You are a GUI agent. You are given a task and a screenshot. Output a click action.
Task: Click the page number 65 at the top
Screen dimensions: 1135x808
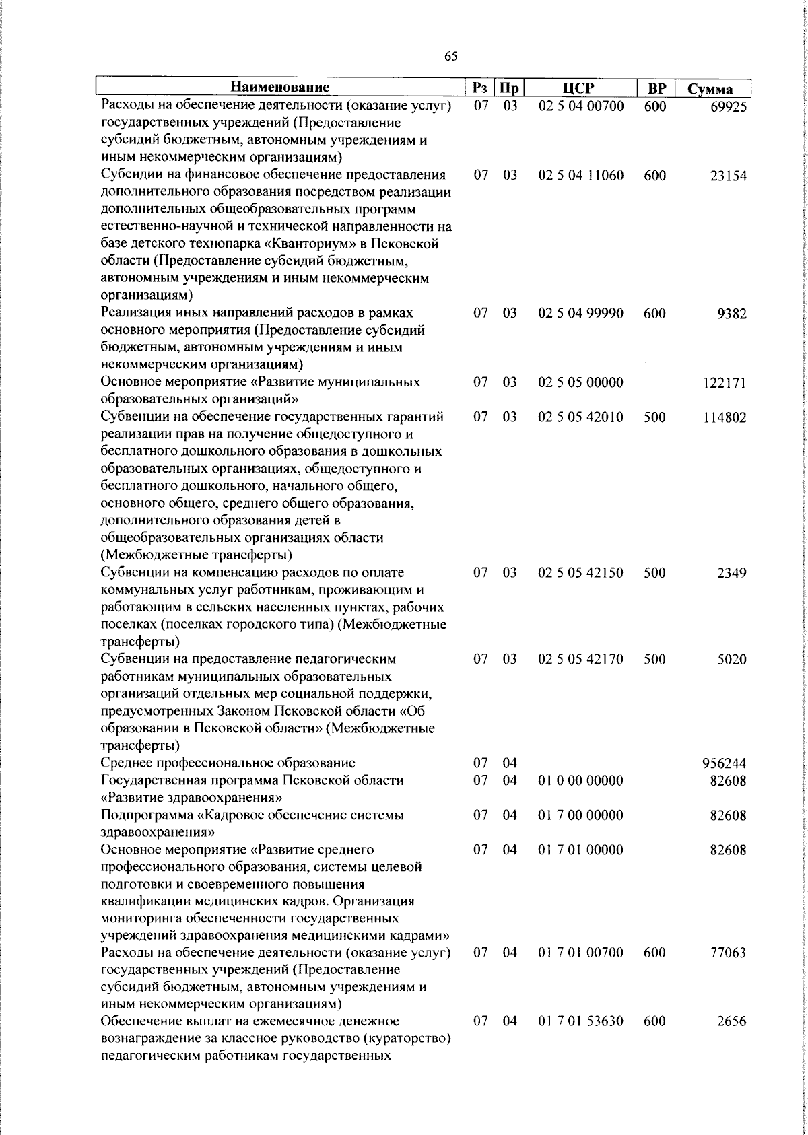point(451,56)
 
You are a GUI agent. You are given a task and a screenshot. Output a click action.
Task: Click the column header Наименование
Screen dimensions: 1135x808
point(280,88)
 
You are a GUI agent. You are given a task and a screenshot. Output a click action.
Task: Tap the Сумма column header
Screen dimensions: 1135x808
point(710,89)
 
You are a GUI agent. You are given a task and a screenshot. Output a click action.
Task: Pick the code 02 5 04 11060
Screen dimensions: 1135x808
point(581,176)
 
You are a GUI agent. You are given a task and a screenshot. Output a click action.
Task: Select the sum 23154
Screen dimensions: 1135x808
point(728,176)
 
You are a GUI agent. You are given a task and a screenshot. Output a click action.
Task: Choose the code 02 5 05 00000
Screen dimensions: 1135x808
point(581,382)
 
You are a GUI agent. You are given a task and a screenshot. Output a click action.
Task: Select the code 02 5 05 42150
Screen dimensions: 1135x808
point(581,573)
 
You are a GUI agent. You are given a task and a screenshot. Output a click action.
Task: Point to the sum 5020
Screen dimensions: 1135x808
point(732,660)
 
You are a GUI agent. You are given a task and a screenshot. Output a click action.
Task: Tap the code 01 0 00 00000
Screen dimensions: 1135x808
point(581,781)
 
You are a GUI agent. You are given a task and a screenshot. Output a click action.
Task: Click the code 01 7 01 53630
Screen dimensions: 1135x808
point(581,1040)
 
